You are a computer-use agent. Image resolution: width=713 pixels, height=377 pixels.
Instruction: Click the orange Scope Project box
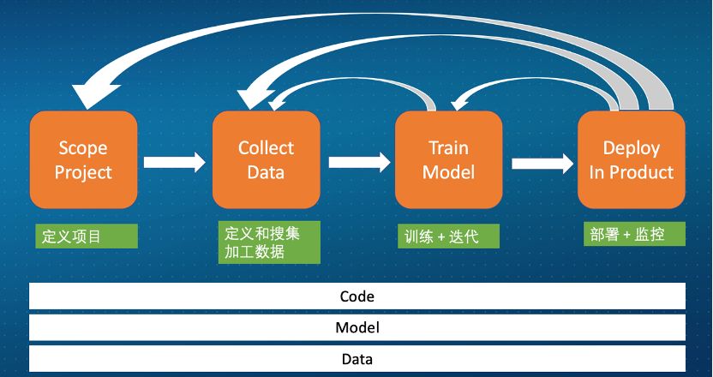(x=83, y=159)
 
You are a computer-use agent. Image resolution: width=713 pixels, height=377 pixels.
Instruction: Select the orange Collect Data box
(x=266, y=159)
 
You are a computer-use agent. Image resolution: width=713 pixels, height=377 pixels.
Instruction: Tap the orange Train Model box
(x=448, y=159)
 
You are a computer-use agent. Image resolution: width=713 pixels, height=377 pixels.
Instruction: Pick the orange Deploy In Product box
(x=631, y=159)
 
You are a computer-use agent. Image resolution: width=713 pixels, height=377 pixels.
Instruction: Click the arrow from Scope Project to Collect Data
(x=175, y=161)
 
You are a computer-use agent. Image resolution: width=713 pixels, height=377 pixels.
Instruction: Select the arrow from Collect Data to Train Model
(x=358, y=161)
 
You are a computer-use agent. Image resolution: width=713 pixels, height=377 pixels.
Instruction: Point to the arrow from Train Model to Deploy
(x=542, y=161)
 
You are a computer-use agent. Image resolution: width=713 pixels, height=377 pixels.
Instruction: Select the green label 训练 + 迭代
(x=448, y=236)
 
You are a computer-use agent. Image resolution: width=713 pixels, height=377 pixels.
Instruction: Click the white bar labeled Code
(x=357, y=296)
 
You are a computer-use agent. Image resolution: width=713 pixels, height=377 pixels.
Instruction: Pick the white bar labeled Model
(x=357, y=327)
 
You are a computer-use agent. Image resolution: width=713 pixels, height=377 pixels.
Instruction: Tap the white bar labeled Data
(x=357, y=358)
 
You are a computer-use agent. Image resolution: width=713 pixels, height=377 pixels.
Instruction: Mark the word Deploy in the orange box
(x=631, y=148)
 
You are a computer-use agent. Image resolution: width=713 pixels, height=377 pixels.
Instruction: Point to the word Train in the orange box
(x=448, y=148)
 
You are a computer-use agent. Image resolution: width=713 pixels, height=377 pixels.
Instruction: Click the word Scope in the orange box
(x=83, y=148)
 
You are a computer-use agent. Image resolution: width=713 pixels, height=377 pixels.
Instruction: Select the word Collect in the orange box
(x=266, y=148)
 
